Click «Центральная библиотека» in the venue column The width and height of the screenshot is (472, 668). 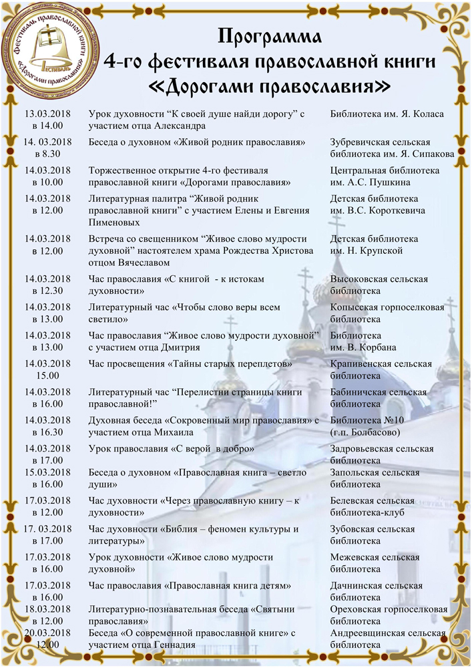(385, 170)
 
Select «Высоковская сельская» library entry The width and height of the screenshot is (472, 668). (379, 279)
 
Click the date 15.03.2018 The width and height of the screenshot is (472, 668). (47, 472)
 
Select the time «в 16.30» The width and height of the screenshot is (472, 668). (47, 432)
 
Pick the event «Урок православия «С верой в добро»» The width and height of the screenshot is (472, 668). (171, 449)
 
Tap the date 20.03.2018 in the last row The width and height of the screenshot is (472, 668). (47, 633)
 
